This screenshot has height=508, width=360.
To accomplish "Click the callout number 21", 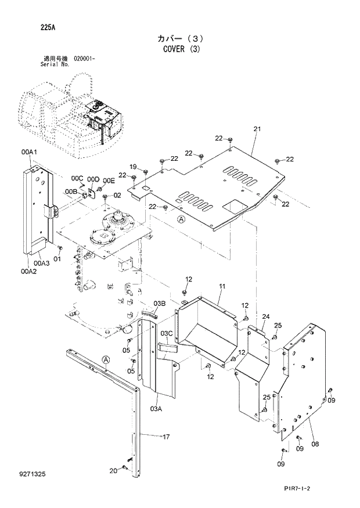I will [x=257, y=129].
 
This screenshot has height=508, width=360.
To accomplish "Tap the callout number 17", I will [x=166, y=437].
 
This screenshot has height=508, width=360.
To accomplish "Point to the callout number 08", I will [x=315, y=444].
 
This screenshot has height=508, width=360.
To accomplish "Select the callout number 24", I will [x=265, y=316].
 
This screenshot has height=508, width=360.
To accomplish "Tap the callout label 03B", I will [x=160, y=303].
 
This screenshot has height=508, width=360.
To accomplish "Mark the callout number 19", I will [x=132, y=167].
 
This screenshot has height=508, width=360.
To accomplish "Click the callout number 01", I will [x=57, y=258].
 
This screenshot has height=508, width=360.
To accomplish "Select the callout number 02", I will [x=117, y=195].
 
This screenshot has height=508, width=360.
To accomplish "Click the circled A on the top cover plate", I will [x=181, y=219].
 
